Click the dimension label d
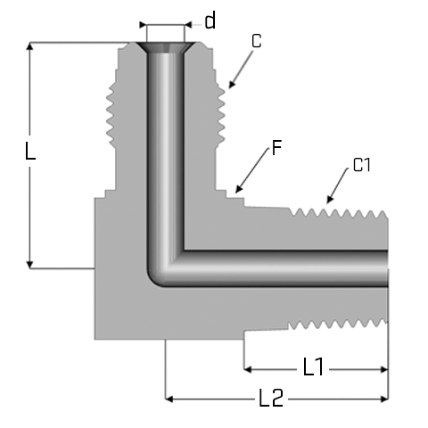point(210,21)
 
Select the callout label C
point(257,41)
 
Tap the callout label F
point(276,148)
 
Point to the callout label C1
point(362,165)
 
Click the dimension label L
point(29,152)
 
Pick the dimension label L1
point(313,366)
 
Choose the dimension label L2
point(271,398)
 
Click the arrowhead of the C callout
point(232,85)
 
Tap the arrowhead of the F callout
point(239,189)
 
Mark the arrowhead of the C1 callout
point(329,200)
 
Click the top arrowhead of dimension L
point(29,46)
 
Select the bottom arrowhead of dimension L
point(29,265)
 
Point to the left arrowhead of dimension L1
point(248,370)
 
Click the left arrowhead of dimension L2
point(169,399)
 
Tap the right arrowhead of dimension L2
point(384,399)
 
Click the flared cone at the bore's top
point(165,48)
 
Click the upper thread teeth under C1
point(339,213)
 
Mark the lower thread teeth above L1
point(338,325)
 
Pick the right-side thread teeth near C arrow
point(220,115)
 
